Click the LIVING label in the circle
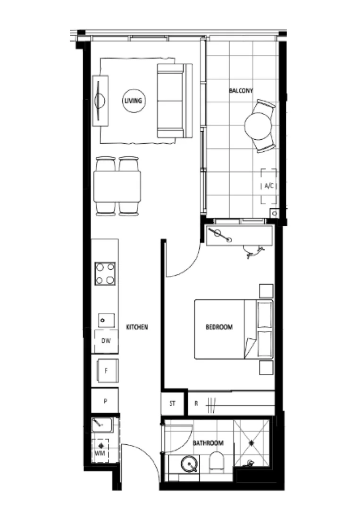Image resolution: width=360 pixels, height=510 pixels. tap(134, 101)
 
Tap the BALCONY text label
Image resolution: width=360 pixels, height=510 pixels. tap(241, 90)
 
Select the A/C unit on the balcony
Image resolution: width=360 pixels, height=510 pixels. tap(269, 186)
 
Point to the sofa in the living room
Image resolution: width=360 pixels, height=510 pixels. tap(173, 101)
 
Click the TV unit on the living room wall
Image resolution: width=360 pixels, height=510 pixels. tap(100, 101)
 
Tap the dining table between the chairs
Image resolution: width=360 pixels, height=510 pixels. tap(117, 186)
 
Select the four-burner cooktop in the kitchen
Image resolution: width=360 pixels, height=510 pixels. tap(105, 273)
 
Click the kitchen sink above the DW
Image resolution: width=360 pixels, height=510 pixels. tap(106, 320)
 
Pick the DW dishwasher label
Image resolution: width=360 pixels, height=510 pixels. tap(106, 340)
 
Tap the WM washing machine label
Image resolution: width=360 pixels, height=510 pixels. tap(100, 453)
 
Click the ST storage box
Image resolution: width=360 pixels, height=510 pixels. tap(173, 404)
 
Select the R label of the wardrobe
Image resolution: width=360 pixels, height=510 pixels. tap(196, 404)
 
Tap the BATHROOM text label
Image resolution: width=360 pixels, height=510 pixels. tap(208, 443)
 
